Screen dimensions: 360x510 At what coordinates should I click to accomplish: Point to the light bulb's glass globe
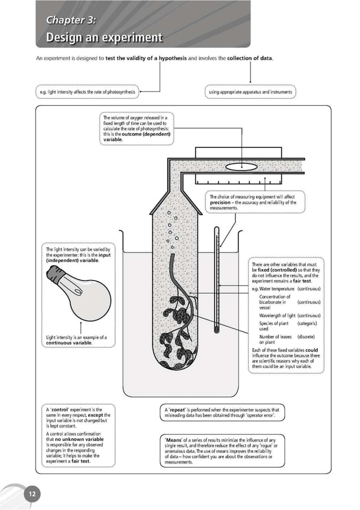tap(90, 298)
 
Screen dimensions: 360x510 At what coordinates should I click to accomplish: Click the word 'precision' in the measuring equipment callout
tap(221, 202)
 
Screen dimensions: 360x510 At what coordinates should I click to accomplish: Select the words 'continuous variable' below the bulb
tap(69, 343)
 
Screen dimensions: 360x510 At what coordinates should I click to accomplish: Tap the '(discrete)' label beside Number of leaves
tap(306, 337)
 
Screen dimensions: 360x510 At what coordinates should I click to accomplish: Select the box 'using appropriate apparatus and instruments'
tap(249, 91)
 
